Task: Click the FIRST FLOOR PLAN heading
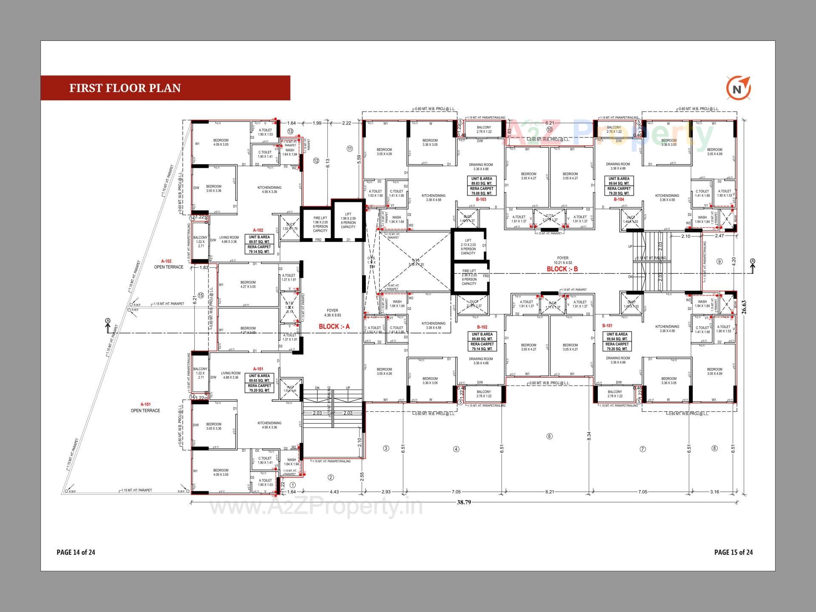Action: click(125, 88)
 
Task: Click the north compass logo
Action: click(738, 89)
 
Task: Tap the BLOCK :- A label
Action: click(334, 326)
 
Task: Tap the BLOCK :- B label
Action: click(562, 269)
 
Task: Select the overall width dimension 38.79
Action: click(464, 502)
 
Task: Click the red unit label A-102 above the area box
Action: click(258, 230)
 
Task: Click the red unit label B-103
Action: click(481, 199)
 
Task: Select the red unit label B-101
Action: click(607, 326)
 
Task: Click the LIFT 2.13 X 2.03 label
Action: click(468, 247)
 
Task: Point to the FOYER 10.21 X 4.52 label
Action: click(563, 260)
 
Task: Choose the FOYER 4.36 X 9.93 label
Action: click(332, 313)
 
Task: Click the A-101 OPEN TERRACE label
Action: click(145, 408)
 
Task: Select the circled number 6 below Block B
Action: click(549, 436)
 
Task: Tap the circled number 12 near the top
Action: click(316, 161)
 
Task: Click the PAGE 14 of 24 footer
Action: click(76, 552)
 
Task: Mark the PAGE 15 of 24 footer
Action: click(734, 552)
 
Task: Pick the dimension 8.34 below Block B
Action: click(589, 436)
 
